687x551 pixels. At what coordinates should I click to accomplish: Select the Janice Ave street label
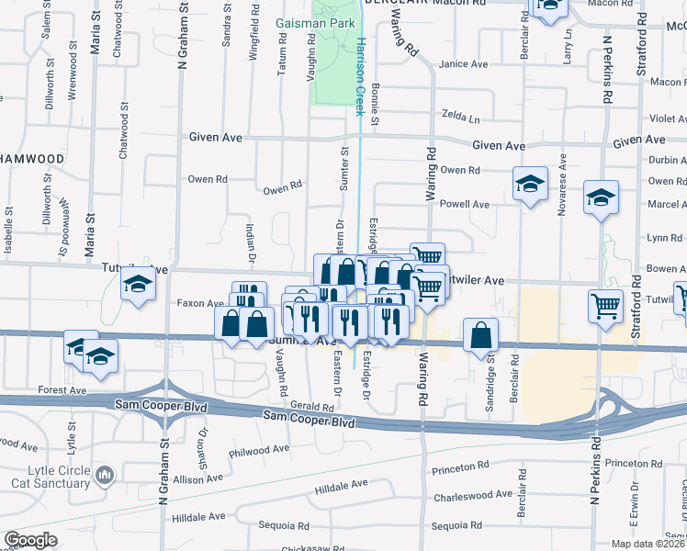pyautogui.click(x=464, y=64)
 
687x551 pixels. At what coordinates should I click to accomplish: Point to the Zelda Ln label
pyautogui.click(x=461, y=118)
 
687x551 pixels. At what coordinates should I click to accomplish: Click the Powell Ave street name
pyautogui.click(x=465, y=204)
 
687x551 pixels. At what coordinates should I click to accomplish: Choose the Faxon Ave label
pyautogui.click(x=200, y=302)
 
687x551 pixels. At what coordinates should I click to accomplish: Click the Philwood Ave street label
pyautogui.click(x=262, y=451)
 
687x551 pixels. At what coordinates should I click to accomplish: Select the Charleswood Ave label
pyautogui.click(x=473, y=494)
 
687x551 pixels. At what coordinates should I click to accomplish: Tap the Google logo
pyautogui.click(x=30, y=540)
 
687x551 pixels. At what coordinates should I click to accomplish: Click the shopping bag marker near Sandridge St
pyautogui.click(x=481, y=335)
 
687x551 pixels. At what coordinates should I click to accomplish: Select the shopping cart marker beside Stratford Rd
pyautogui.click(x=605, y=307)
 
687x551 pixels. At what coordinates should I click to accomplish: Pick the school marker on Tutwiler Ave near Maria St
pyautogui.click(x=137, y=285)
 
